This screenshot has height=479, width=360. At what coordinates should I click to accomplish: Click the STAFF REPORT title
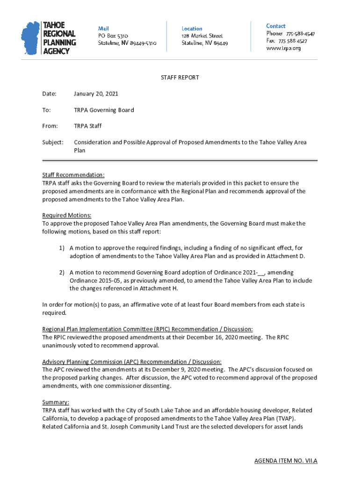click(x=180, y=78)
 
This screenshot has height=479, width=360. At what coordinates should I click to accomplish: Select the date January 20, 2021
click(x=96, y=94)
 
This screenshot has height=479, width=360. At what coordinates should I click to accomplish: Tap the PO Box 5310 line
click(x=113, y=36)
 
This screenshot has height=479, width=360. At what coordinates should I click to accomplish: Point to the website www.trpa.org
click(x=283, y=48)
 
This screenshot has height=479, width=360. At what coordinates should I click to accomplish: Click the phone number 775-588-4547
click(x=300, y=34)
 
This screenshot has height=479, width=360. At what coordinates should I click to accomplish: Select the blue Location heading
click(x=192, y=29)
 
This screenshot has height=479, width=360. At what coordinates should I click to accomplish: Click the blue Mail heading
click(x=103, y=29)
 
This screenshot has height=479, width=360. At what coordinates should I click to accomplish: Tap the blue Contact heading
click(x=276, y=26)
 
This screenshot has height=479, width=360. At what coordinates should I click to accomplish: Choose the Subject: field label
click(x=53, y=142)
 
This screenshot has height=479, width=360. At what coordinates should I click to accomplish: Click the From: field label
click(x=50, y=126)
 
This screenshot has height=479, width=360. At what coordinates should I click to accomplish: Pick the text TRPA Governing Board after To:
click(x=104, y=110)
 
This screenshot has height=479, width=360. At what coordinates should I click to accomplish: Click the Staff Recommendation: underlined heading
click(x=73, y=175)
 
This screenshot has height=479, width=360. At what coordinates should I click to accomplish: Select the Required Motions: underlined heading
click(x=67, y=216)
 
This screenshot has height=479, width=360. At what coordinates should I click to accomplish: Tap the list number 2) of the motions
click(x=61, y=272)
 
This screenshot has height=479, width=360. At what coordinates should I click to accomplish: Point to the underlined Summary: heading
click(x=56, y=402)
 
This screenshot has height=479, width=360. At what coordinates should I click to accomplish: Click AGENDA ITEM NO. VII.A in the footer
click(x=286, y=461)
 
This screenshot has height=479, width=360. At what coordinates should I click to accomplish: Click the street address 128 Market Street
click(x=202, y=36)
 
